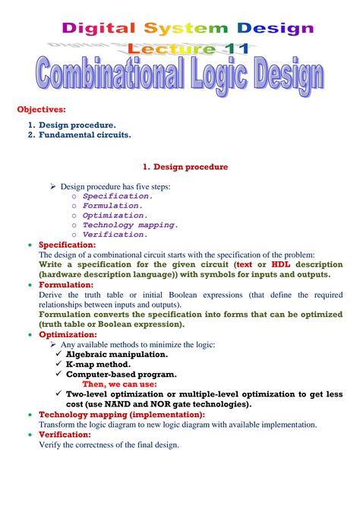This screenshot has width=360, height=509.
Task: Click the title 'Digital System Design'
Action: tap(187, 29)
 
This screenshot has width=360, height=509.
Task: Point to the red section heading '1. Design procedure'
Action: tap(185, 166)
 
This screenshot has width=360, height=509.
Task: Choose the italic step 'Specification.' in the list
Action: tap(118, 195)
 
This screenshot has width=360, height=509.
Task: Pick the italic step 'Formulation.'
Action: tap(113, 205)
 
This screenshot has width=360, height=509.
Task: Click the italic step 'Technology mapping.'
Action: tap(131, 225)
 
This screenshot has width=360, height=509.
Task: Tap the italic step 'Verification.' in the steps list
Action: tap(115, 235)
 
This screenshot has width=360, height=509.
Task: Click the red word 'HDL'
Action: tap(270, 264)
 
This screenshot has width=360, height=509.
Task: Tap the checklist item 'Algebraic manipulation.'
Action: tap(117, 354)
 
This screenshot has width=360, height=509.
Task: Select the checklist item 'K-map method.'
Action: tap(99, 364)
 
